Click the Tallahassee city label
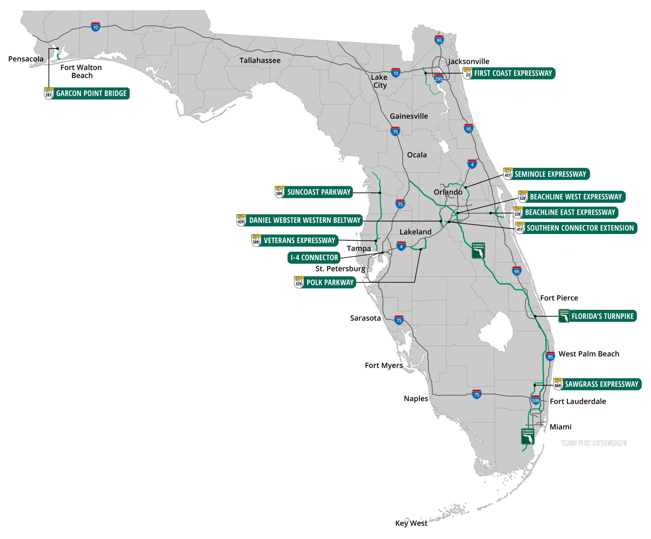[x=260, y=61]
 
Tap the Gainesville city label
[x=409, y=116]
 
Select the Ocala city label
[x=417, y=155]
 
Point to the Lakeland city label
[x=416, y=232]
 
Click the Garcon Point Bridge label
[x=91, y=93]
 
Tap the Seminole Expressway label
[x=550, y=174]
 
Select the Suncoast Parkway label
[x=318, y=192]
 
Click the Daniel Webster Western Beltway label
[x=304, y=220]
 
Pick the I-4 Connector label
[x=314, y=258]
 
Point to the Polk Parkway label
[x=330, y=282]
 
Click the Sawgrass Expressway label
[x=601, y=384]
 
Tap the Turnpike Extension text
[x=593, y=444]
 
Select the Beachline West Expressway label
[x=575, y=197]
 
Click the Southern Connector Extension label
[x=580, y=228]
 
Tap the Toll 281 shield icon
[x=49, y=93]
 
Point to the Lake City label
[x=379, y=81]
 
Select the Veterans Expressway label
[x=299, y=241]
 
